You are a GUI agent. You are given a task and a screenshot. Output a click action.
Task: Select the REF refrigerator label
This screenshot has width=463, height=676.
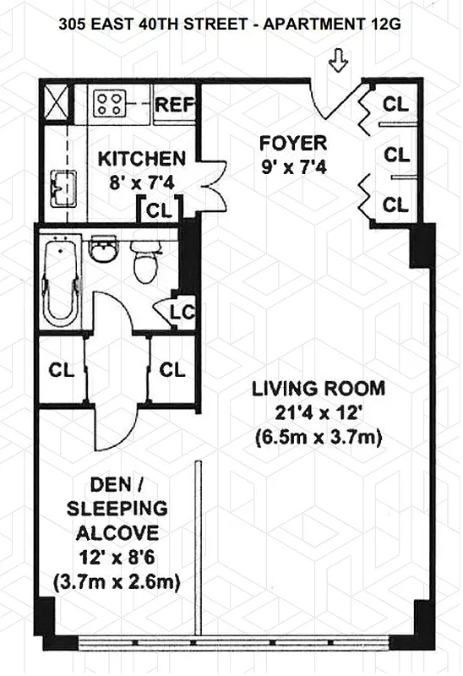(175, 106)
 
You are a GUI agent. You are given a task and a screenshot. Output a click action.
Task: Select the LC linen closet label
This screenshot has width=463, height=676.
(182, 312)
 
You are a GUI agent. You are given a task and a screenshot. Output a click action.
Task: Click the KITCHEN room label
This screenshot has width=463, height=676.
(142, 159)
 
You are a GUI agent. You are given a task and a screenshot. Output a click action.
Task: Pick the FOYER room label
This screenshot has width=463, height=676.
(291, 142)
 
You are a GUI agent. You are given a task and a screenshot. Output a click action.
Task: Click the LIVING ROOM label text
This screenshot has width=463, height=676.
(319, 390)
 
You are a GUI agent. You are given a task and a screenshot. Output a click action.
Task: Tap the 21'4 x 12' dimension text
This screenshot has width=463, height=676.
(319, 413)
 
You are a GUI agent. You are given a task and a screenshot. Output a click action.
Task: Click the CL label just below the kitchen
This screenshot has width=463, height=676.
(158, 210)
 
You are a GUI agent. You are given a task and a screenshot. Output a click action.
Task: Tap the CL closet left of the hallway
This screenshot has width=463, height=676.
(61, 370)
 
